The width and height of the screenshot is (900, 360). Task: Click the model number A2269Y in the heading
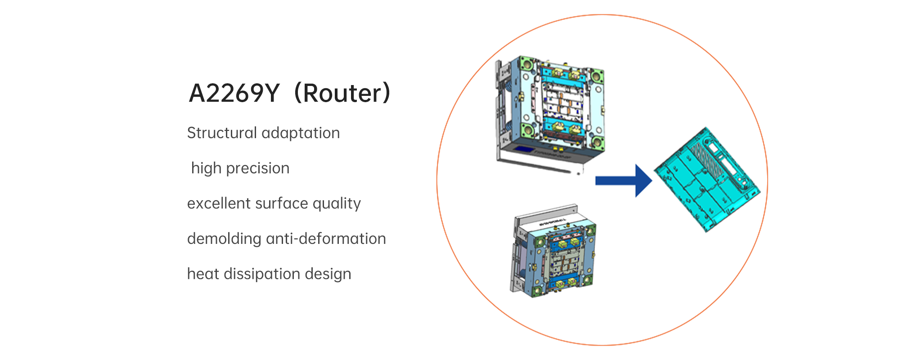click(x=234, y=94)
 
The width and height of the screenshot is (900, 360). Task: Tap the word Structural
click(x=221, y=133)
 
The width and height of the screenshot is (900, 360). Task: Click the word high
click(x=206, y=168)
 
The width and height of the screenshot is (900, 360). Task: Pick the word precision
click(x=258, y=168)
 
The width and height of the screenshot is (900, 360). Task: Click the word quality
click(x=337, y=204)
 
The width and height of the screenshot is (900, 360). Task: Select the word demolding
click(x=224, y=238)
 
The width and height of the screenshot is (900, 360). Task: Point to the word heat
click(x=203, y=274)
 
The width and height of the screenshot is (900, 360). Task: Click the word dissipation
click(x=262, y=274)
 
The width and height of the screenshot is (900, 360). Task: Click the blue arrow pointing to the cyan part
click(x=623, y=180)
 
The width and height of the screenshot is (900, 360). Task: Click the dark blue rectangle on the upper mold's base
click(x=523, y=149)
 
